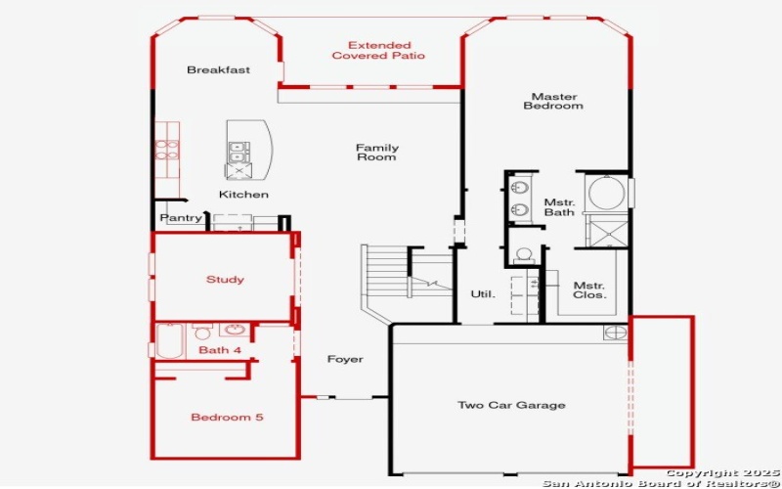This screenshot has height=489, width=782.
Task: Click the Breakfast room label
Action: click(x=218, y=70)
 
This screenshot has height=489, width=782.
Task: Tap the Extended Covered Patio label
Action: click(x=378, y=51)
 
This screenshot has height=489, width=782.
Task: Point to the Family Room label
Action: click(x=376, y=153)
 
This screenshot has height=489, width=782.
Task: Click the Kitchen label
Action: click(x=243, y=195)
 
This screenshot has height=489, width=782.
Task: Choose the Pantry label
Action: click(x=181, y=218)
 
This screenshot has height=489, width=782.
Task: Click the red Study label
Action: click(x=225, y=280)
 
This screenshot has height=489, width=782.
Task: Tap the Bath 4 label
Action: click(x=220, y=350)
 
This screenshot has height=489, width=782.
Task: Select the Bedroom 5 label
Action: click(x=227, y=418)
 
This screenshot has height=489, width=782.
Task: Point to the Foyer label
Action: click(x=345, y=360)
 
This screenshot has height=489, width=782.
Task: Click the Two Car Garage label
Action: click(x=511, y=405)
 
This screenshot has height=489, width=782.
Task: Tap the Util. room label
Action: click(x=483, y=293)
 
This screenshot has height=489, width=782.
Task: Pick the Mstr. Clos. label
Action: click(x=589, y=289)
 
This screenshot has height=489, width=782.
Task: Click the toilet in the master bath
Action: click(x=523, y=255)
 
